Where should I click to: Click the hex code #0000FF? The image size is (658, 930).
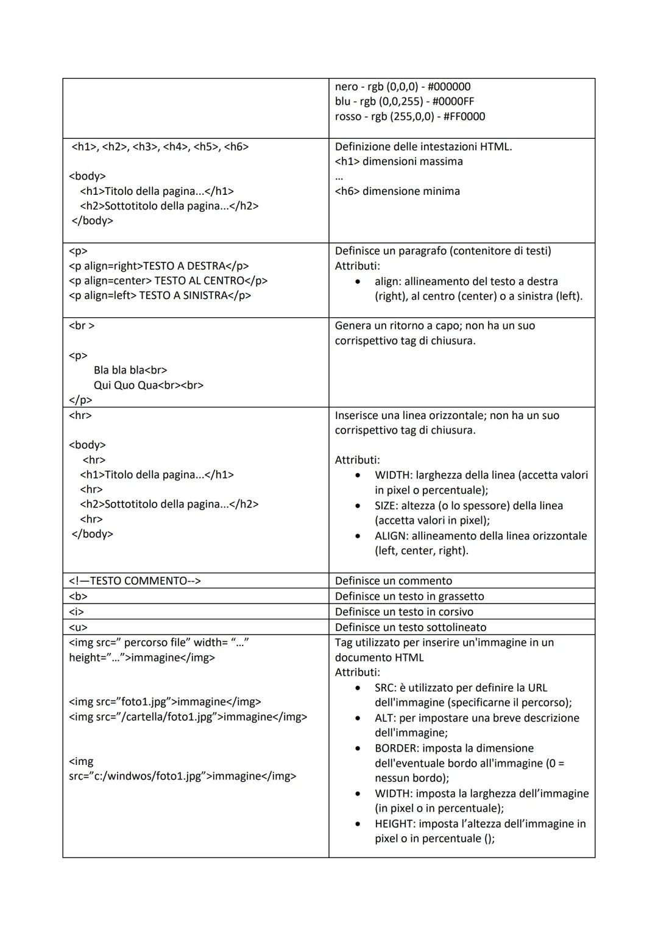tap(451, 102)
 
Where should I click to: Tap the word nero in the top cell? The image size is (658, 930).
tap(346, 87)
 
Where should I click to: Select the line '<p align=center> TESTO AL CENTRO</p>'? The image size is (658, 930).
tap(168, 281)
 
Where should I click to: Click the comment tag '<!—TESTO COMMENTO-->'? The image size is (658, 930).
tap(135, 581)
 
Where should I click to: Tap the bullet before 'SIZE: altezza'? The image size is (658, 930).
tap(358, 506)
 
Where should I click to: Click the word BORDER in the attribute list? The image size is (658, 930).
tap(395, 749)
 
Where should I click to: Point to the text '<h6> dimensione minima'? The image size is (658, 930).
tap(397, 191)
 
